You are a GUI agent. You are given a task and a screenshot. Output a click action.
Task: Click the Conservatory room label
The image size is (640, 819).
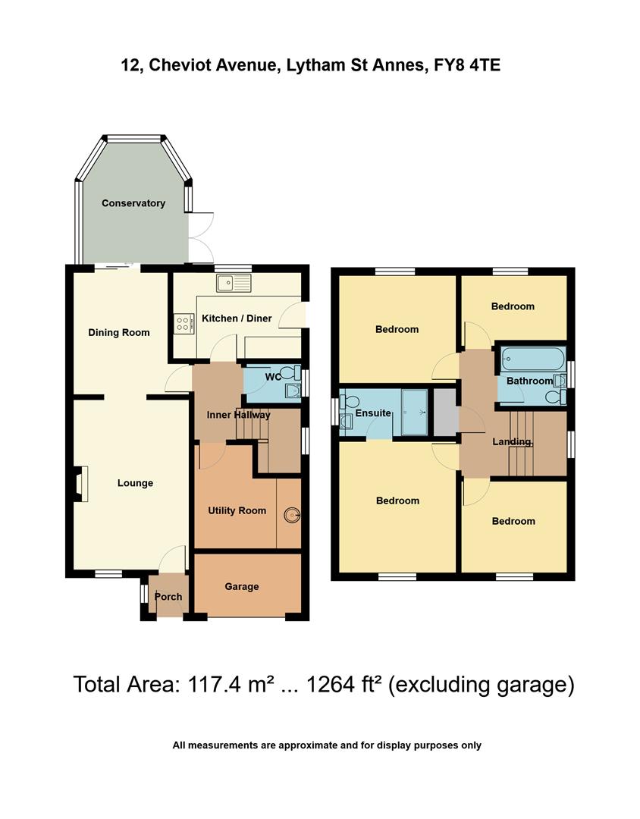coord(133,203)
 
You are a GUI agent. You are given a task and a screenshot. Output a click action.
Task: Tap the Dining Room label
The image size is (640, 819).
coord(119,332)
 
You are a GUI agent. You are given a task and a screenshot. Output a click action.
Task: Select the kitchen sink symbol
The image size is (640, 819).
coord(233,284)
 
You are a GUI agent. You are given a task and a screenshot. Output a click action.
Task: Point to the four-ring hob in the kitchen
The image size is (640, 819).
coord(184,325)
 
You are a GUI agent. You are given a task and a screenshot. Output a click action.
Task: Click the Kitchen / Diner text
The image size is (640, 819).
coord(237,318)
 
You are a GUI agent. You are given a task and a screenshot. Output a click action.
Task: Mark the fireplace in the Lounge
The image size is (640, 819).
coord(80,483)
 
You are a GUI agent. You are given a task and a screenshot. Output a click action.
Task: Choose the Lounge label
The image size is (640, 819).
coord(135,483)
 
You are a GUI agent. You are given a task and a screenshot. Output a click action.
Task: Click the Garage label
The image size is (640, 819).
coord(242,586)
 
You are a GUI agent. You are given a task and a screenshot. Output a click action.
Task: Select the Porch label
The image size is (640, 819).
coord(168,597)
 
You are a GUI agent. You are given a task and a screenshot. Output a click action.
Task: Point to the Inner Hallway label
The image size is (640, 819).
coord(239,415)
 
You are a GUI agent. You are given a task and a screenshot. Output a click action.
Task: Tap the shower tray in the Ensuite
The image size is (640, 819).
coord(414,413)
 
